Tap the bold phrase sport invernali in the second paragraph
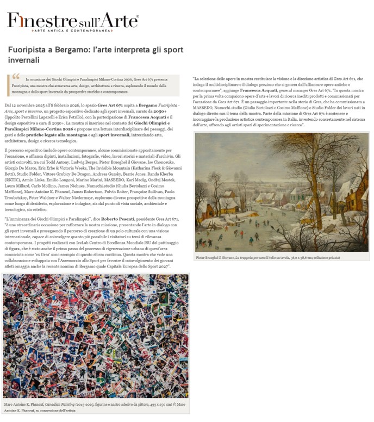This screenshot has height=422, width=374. [x=115, y=134]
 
